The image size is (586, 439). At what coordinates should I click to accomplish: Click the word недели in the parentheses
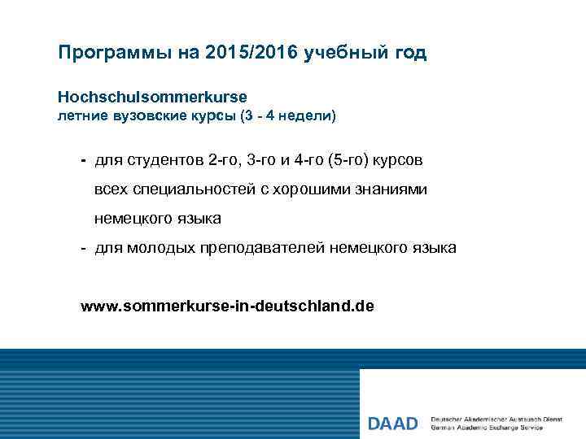(304, 116)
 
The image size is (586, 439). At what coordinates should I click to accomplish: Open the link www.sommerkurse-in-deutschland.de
(227, 306)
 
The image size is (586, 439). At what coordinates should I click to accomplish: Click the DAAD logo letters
(392, 424)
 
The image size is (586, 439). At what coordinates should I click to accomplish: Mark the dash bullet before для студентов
(83, 159)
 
